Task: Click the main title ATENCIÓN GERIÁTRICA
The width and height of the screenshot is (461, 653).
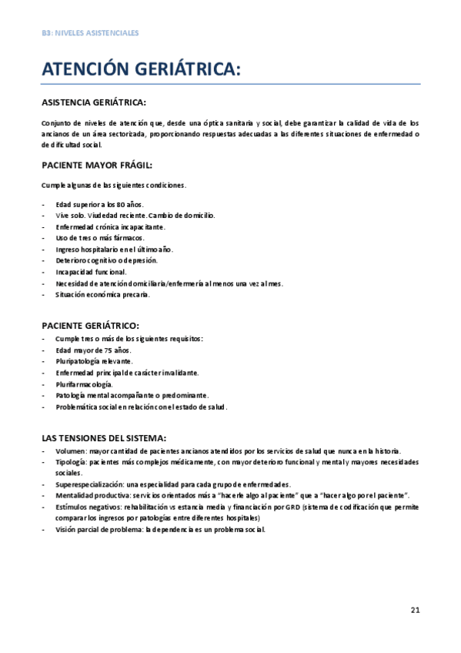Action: tap(142, 69)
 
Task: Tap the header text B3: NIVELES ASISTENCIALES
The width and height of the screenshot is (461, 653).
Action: tap(90, 32)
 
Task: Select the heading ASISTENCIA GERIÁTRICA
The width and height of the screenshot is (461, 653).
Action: tap(93, 102)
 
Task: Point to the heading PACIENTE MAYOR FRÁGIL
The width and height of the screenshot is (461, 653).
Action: tap(96, 164)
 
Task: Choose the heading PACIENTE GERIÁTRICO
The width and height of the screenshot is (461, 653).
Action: tap(90, 326)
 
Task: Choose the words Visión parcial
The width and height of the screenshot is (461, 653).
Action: tap(79, 530)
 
